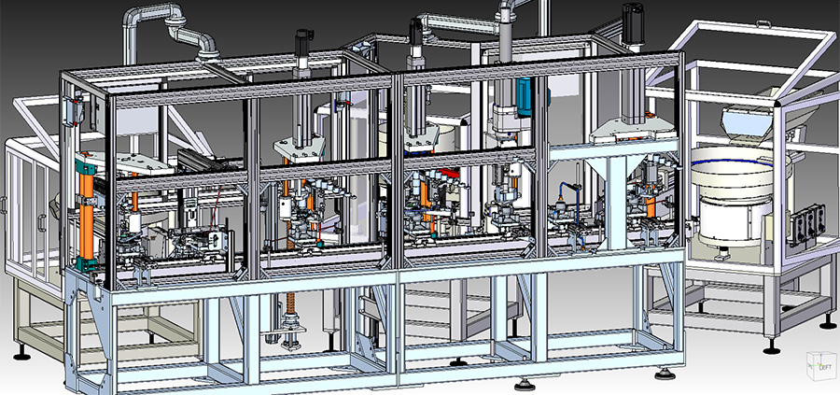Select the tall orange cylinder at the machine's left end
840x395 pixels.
[x=87, y=215]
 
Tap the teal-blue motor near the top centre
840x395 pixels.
[x=525, y=96]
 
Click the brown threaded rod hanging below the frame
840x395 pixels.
[x=291, y=278]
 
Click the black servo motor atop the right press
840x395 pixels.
[x=632, y=24]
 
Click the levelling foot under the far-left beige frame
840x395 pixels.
[x=21, y=354]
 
